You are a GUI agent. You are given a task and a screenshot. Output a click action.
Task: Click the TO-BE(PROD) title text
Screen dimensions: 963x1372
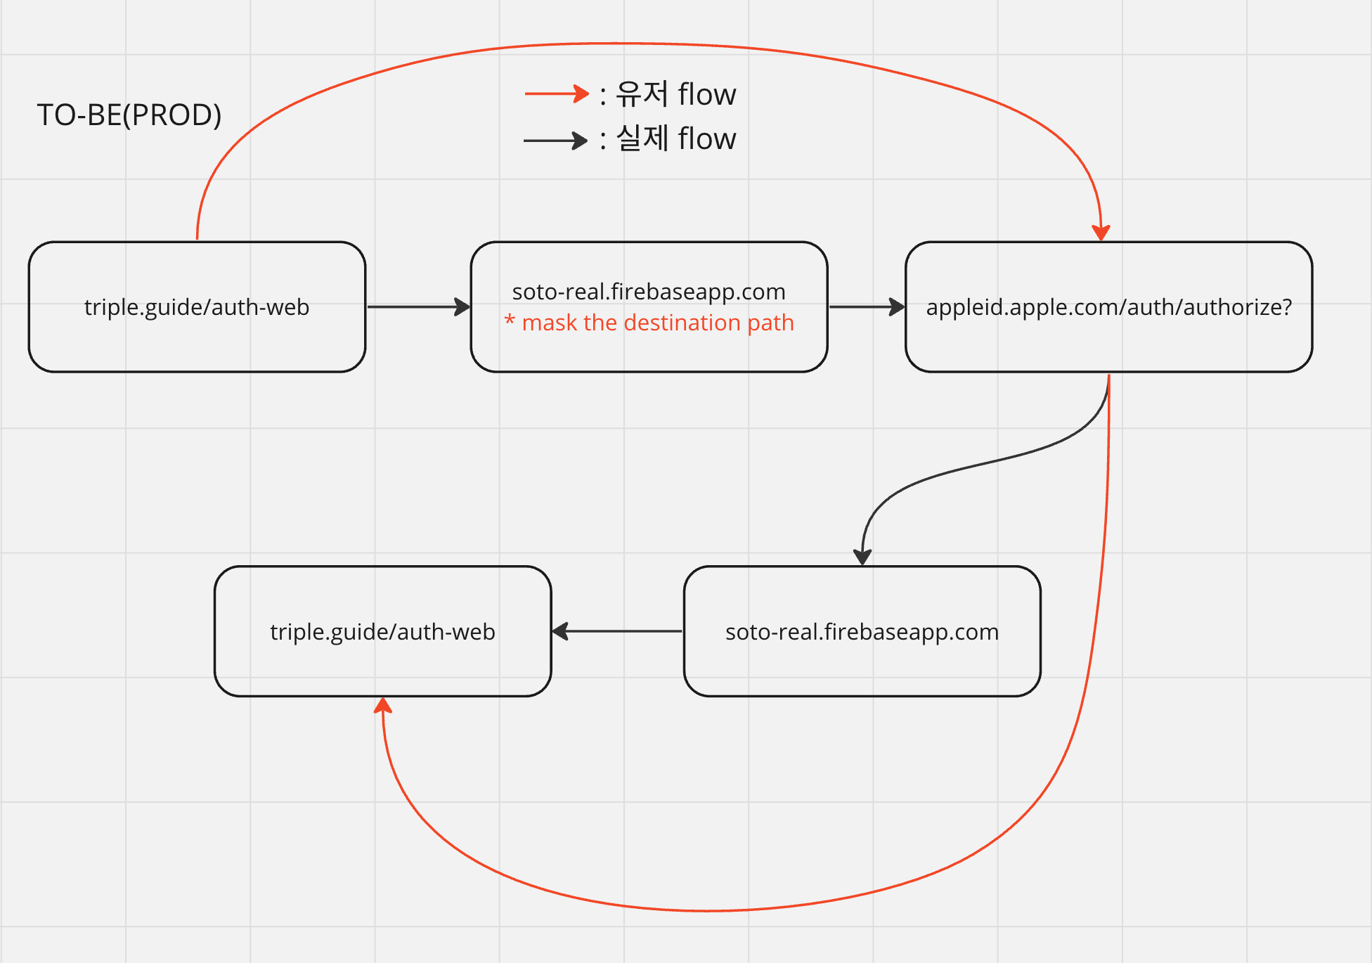tap(129, 115)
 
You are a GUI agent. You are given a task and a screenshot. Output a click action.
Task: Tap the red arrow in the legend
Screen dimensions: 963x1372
tap(557, 93)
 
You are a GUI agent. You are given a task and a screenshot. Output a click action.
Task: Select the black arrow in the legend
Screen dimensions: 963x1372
tap(555, 141)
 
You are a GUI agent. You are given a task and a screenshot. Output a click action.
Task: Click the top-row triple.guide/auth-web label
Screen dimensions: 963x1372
tap(197, 307)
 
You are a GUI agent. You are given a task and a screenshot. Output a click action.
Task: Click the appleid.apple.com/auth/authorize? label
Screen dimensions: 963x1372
tap(1108, 307)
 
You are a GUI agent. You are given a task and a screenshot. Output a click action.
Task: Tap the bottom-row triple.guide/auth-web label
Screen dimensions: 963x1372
tap(382, 632)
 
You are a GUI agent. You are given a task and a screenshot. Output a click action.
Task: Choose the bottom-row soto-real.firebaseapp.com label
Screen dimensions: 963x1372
tap(862, 632)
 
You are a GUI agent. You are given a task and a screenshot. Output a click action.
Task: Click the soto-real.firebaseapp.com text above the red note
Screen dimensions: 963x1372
tap(649, 292)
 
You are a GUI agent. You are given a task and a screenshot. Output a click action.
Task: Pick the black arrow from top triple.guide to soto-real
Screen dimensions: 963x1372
tap(418, 306)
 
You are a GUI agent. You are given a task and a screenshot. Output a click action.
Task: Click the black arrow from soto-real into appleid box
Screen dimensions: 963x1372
tap(867, 306)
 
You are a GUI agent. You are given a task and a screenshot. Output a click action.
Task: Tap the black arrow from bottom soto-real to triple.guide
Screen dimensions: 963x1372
tap(617, 631)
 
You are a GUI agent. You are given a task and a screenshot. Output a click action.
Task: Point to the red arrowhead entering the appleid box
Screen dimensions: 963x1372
tap(1101, 233)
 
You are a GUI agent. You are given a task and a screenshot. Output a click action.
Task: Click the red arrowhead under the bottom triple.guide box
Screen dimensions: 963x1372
tap(383, 706)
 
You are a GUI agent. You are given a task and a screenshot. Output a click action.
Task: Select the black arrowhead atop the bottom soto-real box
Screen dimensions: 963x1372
tap(862, 557)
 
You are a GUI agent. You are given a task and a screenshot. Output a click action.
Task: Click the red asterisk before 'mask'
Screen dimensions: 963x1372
tap(510, 322)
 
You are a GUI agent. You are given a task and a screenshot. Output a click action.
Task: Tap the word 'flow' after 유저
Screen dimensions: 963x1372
tap(707, 94)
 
